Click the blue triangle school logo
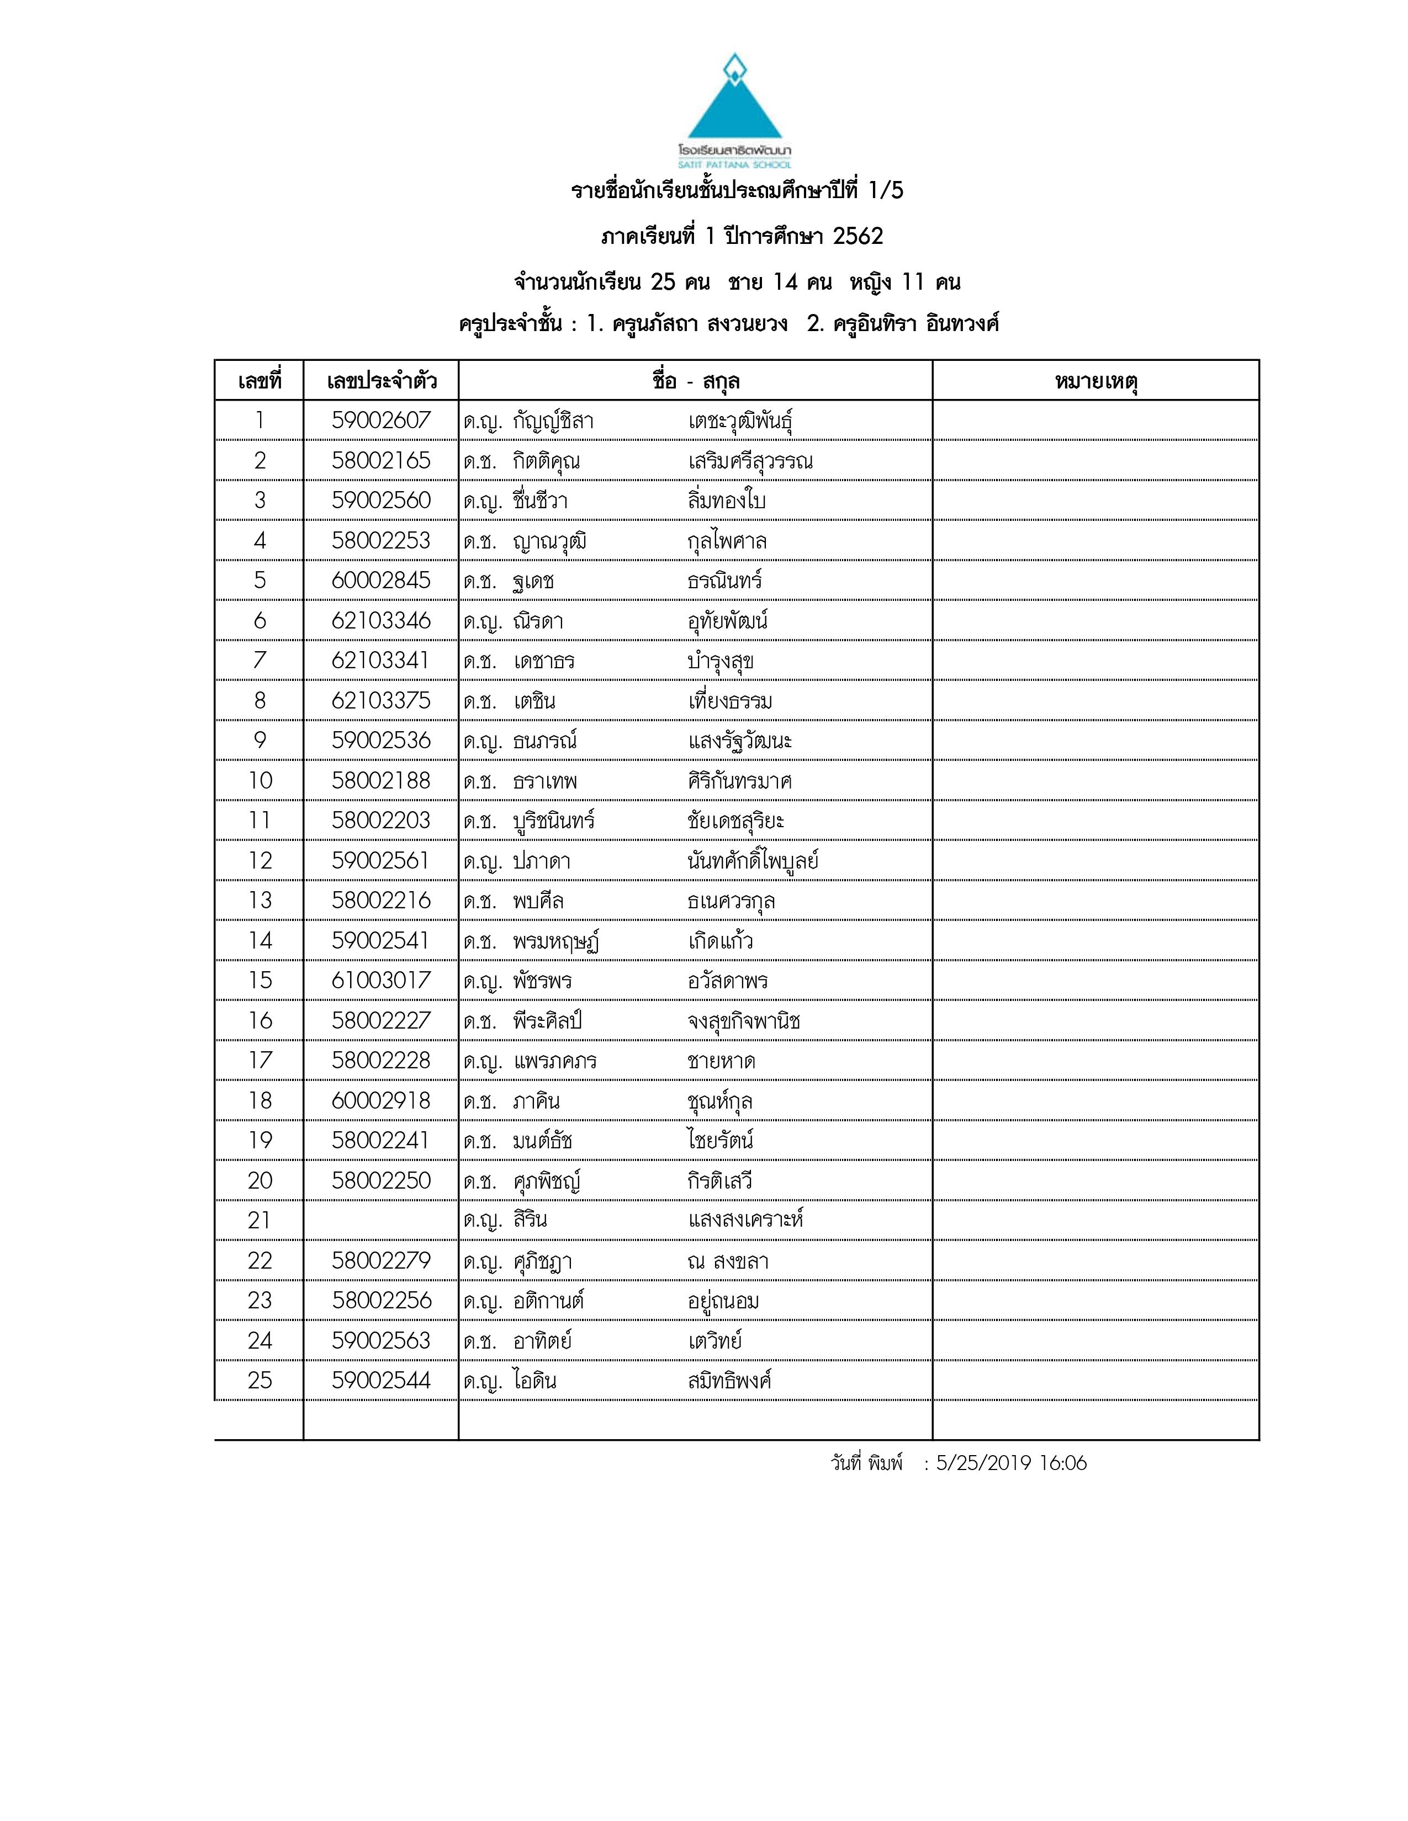(734, 104)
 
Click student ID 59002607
(381, 420)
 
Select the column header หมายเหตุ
(1096, 382)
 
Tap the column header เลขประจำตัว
(381, 382)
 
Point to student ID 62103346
(381, 620)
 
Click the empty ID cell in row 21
(381, 1220)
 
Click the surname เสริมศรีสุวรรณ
(750, 461)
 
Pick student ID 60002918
(381, 1101)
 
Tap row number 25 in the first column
(260, 1380)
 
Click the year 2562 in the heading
(857, 237)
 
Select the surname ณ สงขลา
(727, 1261)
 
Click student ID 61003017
(381, 981)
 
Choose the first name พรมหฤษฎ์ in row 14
(557, 941)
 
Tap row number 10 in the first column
(260, 780)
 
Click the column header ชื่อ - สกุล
(696, 382)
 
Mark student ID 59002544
(381, 1380)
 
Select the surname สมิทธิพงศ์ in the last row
(729, 1381)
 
